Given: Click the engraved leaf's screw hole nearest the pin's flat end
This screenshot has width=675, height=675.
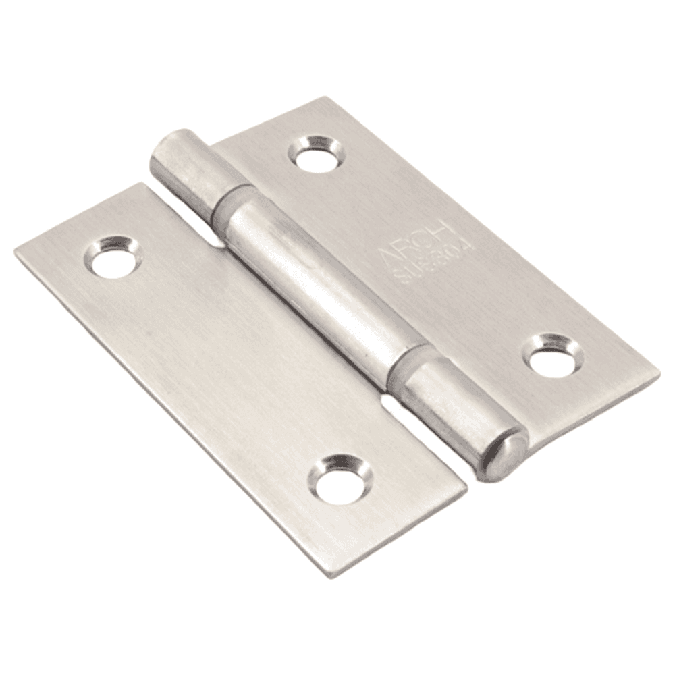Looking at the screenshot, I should pyautogui.click(x=317, y=154).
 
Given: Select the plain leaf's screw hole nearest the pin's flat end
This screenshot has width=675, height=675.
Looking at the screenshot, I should pyautogui.click(x=113, y=257).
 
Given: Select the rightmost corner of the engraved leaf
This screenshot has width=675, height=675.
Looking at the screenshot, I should pyautogui.click(x=658, y=373).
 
